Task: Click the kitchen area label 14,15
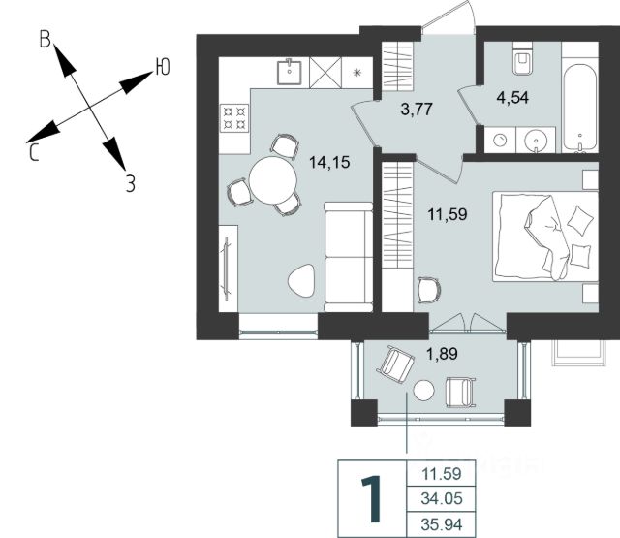coord(329,162)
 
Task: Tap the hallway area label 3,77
coord(417,109)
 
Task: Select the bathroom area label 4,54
coord(512,97)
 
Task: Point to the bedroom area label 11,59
coord(448,215)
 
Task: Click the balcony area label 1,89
coord(442,353)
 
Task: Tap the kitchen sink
coord(289,73)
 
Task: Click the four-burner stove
coord(234,117)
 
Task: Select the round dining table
coord(273,180)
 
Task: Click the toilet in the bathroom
coord(523,58)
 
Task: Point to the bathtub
coord(580,108)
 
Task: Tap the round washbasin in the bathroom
coord(536,140)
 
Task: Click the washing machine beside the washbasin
coord(500,140)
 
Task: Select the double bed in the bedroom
coord(545,237)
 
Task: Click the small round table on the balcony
coord(424,391)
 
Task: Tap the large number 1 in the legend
coord(372,499)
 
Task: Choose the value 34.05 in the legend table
coord(442,499)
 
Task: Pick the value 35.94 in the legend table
coord(442,524)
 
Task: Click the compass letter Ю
coord(163,67)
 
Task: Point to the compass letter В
coord(46,40)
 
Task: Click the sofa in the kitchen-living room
coord(349,257)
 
